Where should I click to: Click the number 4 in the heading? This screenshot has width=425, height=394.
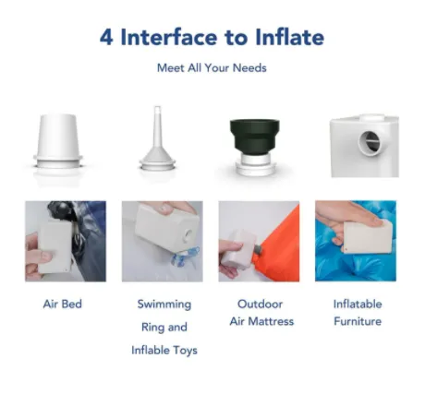coord(106,37)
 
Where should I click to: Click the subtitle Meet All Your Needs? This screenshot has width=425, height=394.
coord(212,67)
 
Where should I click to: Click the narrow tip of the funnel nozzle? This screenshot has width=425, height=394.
coord(157,108)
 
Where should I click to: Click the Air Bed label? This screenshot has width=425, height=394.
coord(63,304)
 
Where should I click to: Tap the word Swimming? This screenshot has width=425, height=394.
coord(164,304)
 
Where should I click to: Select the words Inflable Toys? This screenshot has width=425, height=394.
coord(164,350)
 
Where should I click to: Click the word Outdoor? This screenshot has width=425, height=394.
coord(260,304)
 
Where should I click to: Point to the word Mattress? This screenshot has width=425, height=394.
coord(271,321)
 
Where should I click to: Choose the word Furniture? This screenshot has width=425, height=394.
coord(358,321)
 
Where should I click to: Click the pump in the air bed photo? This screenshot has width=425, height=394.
coord(55,246)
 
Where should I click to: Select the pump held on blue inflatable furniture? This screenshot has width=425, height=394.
coord(368,236)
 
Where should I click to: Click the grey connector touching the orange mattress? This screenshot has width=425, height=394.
coord(258,248)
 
